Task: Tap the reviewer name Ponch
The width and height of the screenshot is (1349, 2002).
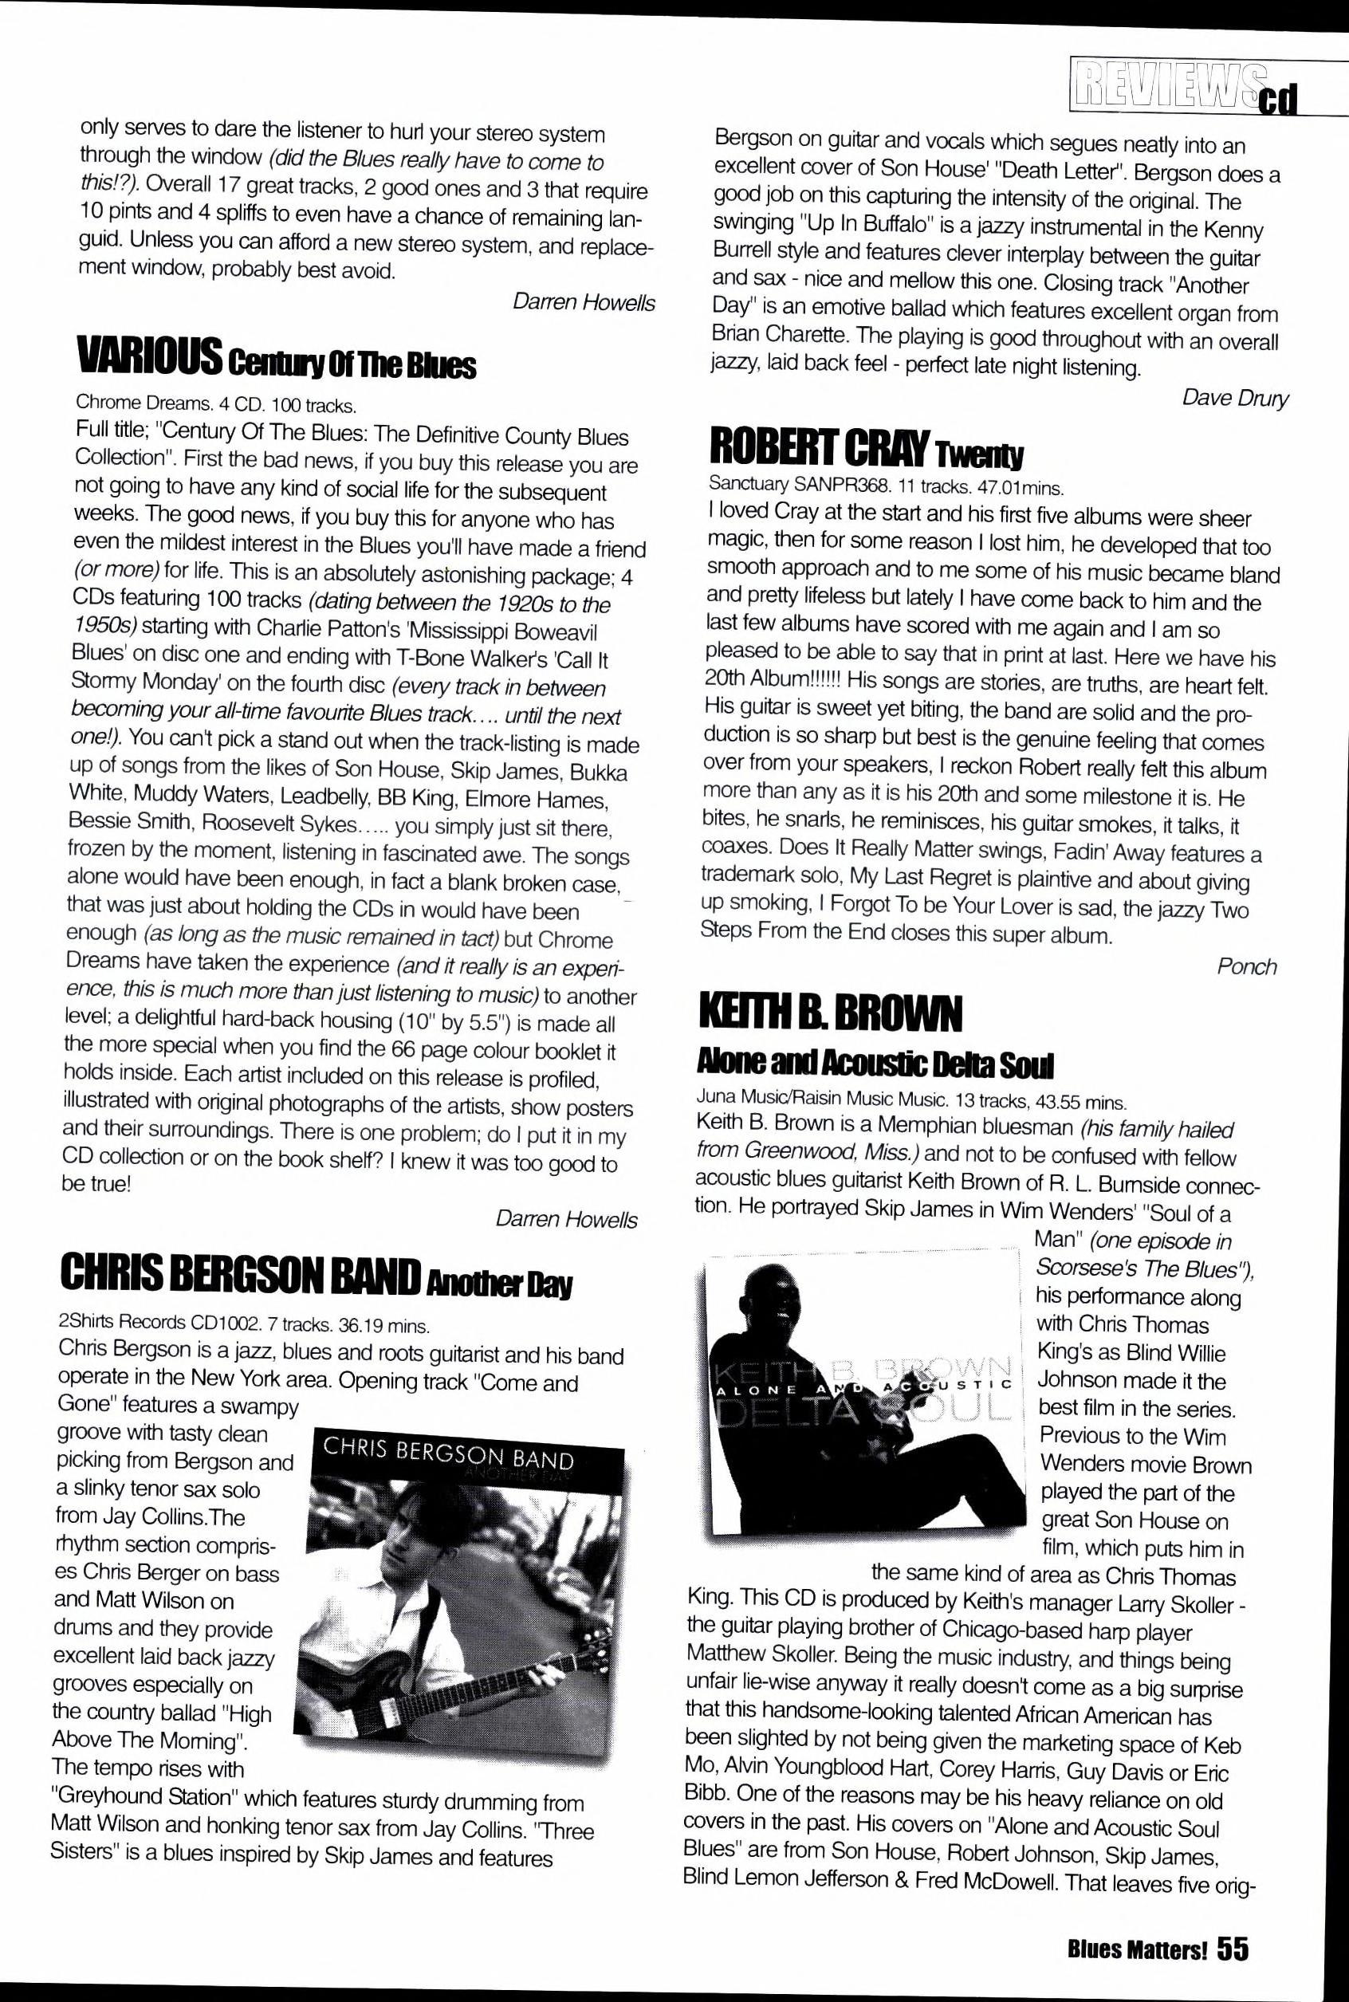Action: coord(1247,967)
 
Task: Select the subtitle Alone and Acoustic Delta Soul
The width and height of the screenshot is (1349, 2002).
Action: coord(874,1066)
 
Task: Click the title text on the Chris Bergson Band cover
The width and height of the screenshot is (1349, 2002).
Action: coord(447,1455)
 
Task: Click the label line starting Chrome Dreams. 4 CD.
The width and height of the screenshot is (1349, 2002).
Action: coord(215,404)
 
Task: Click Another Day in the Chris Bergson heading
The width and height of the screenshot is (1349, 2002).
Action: coord(499,1284)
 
